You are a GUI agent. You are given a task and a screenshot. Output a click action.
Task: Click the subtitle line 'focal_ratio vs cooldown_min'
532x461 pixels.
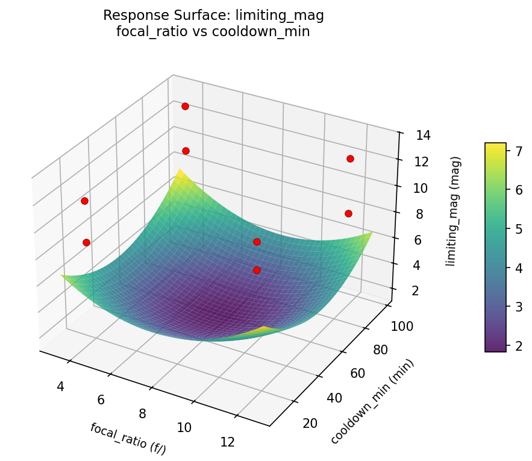click(x=213, y=32)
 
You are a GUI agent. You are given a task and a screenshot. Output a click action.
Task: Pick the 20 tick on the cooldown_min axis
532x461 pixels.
click(x=309, y=423)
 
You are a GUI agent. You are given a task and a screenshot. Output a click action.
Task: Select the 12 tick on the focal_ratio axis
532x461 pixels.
click(x=227, y=442)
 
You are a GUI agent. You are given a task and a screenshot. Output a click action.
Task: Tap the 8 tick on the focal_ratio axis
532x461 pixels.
click(x=142, y=413)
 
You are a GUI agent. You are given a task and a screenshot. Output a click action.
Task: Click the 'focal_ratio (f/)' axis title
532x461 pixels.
click(x=128, y=438)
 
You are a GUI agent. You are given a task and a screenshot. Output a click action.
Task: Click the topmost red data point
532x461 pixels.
click(x=185, y=106)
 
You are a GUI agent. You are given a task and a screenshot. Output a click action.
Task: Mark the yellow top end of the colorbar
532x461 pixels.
click(x=495, y=145)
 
